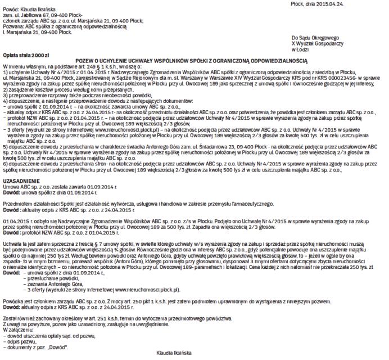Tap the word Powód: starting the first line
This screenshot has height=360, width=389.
click(11, 11)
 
